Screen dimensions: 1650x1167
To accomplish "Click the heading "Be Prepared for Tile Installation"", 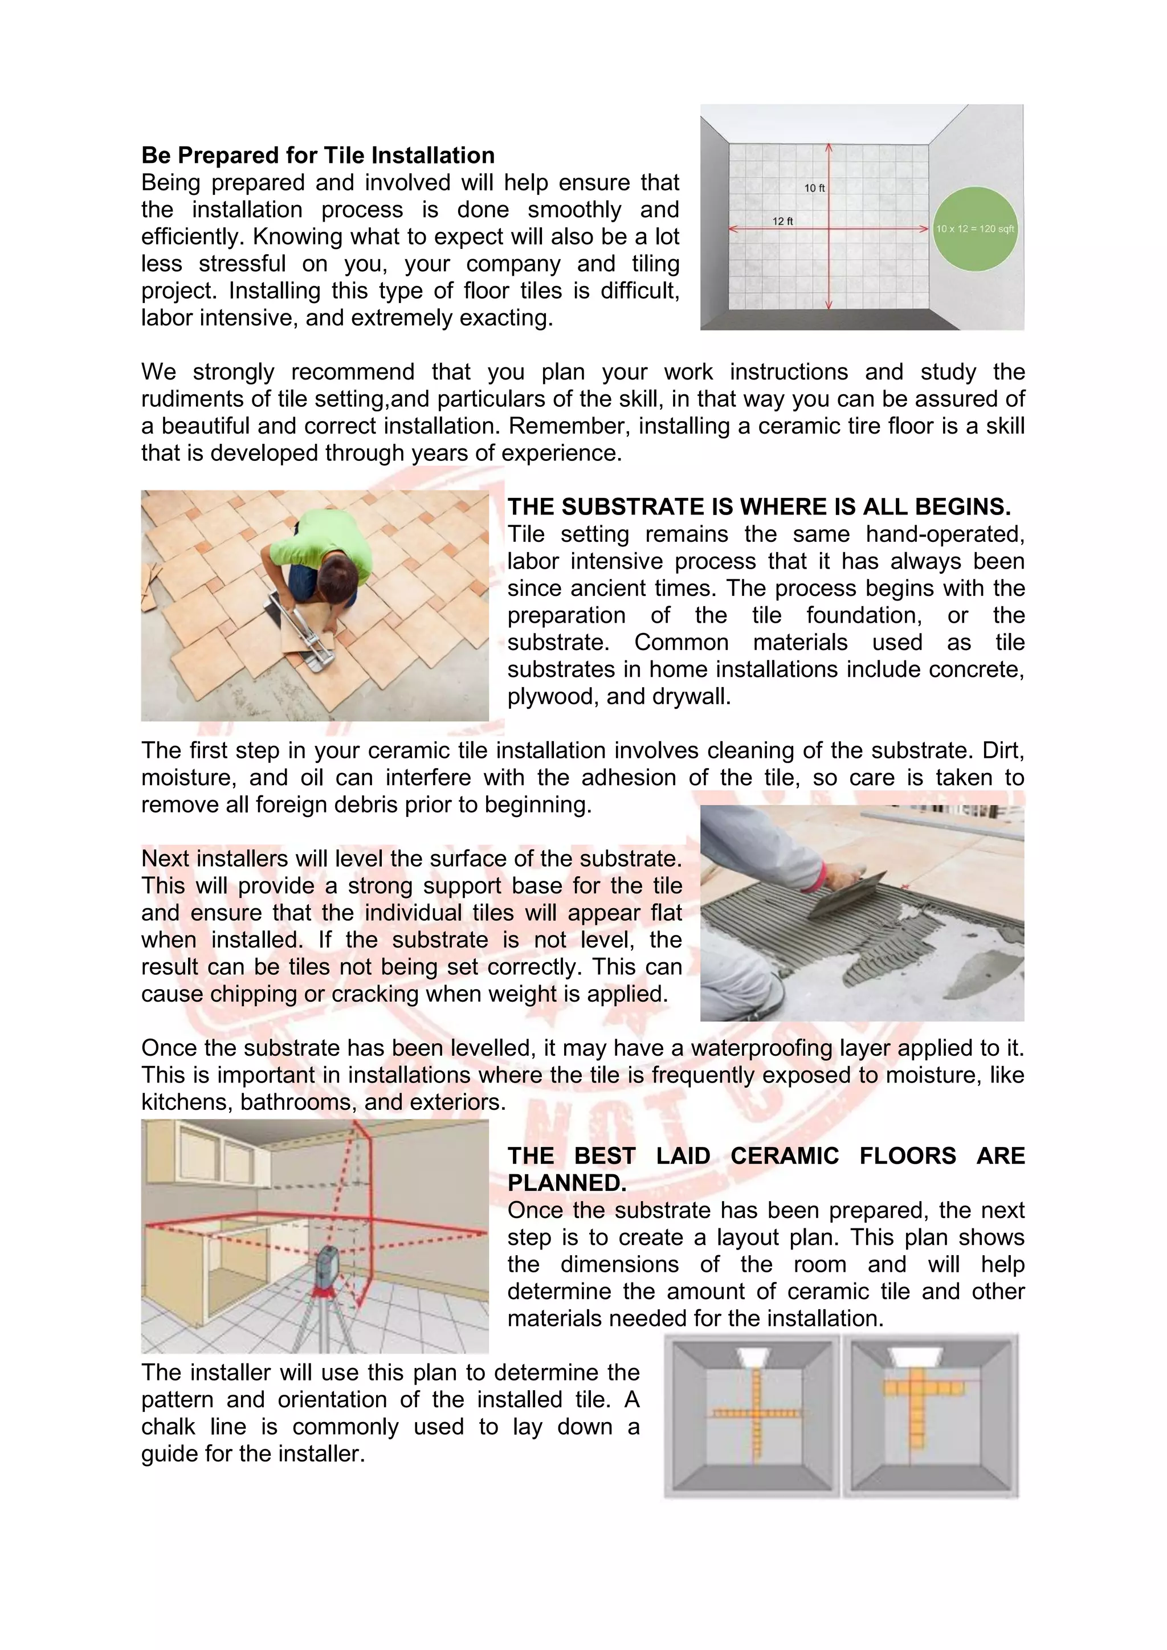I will tap(317, 155).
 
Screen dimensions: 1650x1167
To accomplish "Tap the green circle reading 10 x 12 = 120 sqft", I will tap(974, 228).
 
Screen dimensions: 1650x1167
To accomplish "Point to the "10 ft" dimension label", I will tap(814, 188).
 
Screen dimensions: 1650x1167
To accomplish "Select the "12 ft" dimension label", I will tap(782, 221).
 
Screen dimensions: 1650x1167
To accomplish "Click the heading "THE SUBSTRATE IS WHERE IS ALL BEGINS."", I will tap(759, 507).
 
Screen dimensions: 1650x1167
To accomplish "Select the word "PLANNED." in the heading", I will tap(567, 1183).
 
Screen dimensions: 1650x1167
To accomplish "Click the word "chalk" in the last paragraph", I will tap(168, 1427).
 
